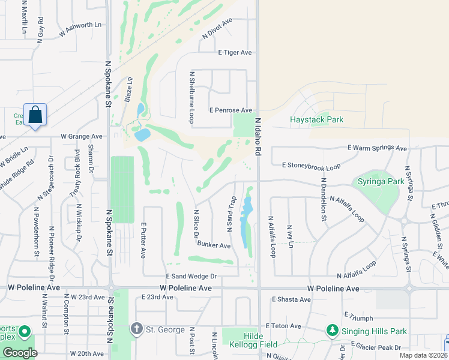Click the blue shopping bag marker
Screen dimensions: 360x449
35,114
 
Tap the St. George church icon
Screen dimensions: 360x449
136,328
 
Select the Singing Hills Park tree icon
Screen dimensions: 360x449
332,331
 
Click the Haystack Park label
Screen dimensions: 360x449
317,119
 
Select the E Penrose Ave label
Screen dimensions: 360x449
231,110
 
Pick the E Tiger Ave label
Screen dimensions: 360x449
235,53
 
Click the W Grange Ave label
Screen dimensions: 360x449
82,136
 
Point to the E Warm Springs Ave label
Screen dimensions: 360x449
377,148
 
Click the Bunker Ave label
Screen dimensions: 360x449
214,245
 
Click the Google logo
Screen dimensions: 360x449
20,353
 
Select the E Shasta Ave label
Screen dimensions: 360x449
291,299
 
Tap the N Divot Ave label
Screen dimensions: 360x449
217,28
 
